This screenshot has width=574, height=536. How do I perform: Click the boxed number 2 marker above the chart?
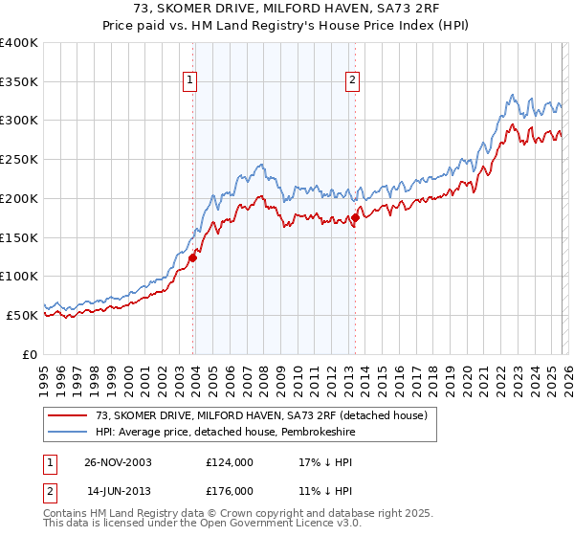tap(353, 80)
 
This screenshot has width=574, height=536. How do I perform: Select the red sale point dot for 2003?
tap(193, 257)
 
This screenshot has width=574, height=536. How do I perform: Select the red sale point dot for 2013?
tap(355, 217)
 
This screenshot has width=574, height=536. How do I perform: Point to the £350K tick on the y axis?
tap(19, 82)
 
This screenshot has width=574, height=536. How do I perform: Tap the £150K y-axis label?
tap(19, 237)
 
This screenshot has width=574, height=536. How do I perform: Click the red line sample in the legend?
tap(68, 414)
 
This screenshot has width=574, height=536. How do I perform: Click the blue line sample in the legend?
tap(68, 432)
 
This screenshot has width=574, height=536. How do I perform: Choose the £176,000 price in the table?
tap(229, 490)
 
